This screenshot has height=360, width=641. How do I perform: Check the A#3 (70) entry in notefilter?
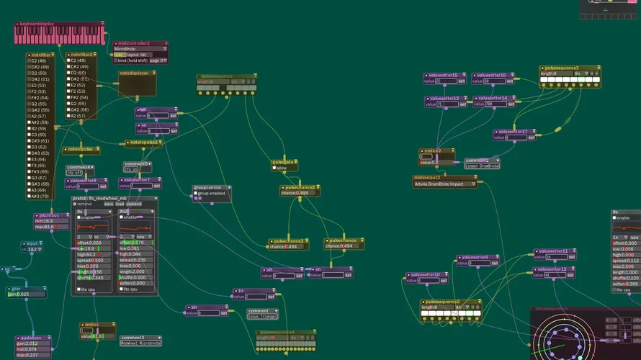click(x=28, y=196)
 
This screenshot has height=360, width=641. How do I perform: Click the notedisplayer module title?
click(x=135, y=73)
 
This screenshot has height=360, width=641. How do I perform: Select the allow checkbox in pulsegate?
click(x=275, y=168)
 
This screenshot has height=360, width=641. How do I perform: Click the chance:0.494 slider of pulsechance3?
click(x=287, y=246)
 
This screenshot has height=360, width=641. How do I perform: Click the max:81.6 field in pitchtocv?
click(x=53, y=227)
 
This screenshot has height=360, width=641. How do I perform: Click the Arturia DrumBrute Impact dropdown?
click(x=445, y=184)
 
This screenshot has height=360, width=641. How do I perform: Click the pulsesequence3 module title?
click(x=562, y=68)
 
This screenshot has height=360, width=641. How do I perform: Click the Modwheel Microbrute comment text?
click(x=140, y=343)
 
